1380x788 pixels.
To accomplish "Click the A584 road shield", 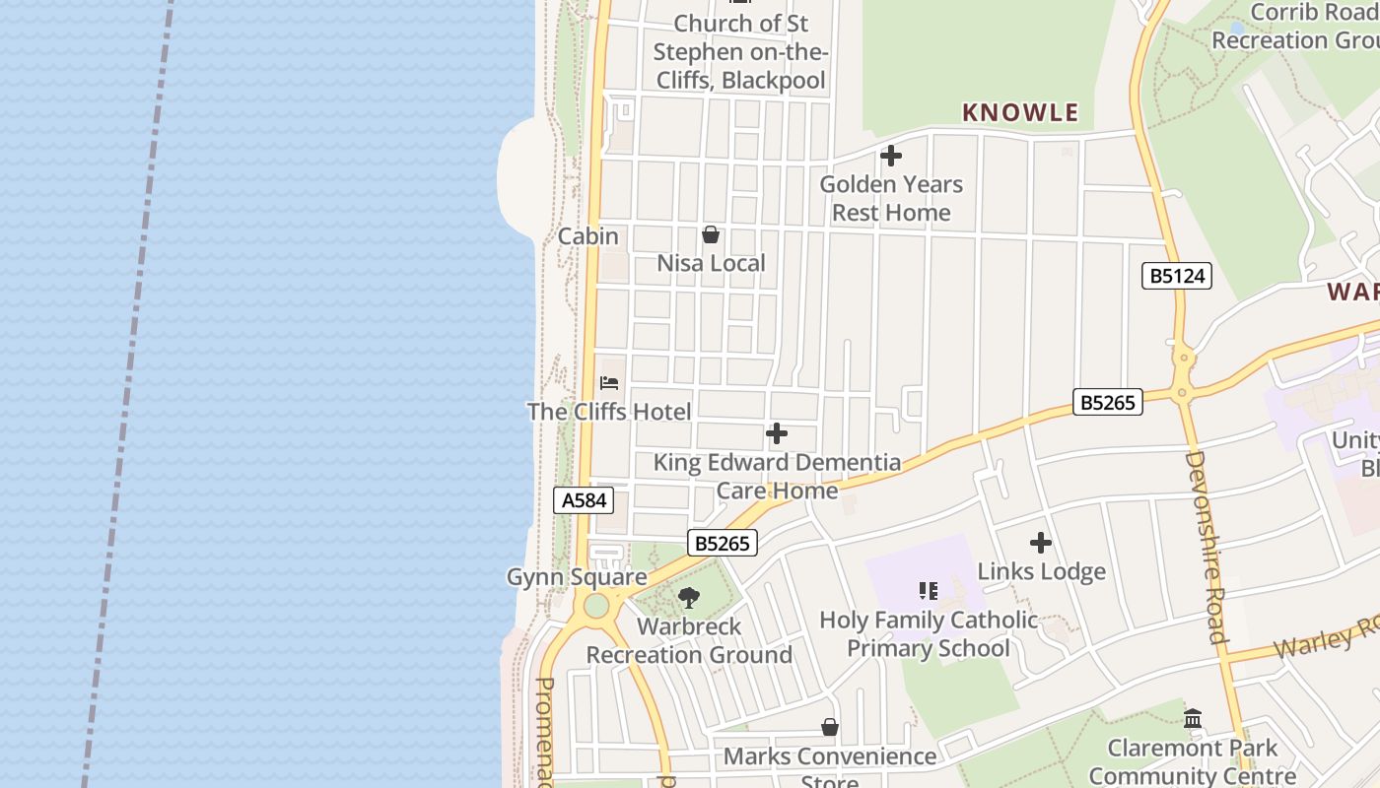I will [x=584, y=500].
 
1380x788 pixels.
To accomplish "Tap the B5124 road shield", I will [x=1178, y=276].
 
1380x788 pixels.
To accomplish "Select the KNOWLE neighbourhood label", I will [x=1020, y=112].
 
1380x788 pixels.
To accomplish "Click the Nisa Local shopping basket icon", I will [x=710, y=234].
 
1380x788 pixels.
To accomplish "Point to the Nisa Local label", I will [x=711, y=263].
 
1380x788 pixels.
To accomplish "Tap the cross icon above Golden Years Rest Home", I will [x=891, y=156].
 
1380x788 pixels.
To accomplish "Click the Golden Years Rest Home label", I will [x=891, y=198].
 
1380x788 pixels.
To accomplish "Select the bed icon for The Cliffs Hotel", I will [x=609, y=382].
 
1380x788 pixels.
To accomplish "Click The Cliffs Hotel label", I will [x=609, y=412].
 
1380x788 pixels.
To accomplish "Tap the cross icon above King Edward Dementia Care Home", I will [x=777, y=433].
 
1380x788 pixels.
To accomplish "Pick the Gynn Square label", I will [x=577, y=576].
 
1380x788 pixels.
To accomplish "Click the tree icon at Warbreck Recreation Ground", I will [x=689, y=597].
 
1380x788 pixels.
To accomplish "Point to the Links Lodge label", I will [x=1041, y=571].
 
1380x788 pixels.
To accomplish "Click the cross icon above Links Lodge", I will [x=1041, y=543].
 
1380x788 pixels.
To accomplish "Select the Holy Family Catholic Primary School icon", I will [x=928, y=591].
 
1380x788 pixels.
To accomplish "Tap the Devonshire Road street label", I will [x=1205, y=547].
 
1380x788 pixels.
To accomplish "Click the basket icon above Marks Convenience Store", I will [x=830, y=727].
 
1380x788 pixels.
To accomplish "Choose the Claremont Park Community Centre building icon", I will [x=1193, y=718].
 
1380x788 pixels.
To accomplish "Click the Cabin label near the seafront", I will [x=588, y=236].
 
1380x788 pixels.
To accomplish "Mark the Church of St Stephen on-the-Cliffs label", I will [x=740, y=51].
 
